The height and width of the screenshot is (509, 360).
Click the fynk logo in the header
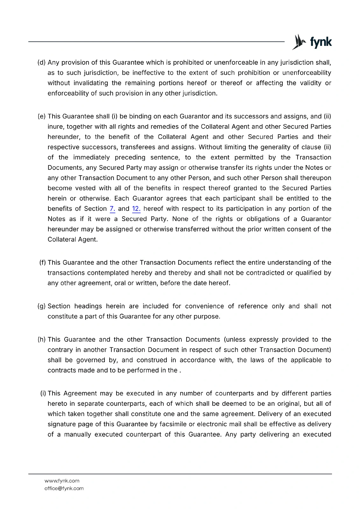[x=312, y=42]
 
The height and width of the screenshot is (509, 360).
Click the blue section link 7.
[x=112, y=209]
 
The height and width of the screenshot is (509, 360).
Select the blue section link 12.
[x=136, y=209]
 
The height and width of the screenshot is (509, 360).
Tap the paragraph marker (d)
[x=42, y=62]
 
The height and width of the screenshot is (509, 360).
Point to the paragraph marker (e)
[x=42, y=116]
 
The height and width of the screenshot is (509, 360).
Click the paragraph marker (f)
[x=43, y=263]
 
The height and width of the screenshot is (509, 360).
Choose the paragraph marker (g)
[x=42, y=306]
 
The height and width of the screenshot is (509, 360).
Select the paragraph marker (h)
[x=42, y=340]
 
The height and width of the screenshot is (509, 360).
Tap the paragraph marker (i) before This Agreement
[x=43, y=394]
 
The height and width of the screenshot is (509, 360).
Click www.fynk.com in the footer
[x=62, y=481]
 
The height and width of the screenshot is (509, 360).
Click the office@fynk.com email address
[x=64, y=488]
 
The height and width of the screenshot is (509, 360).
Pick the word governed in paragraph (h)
[x=90, y=360]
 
